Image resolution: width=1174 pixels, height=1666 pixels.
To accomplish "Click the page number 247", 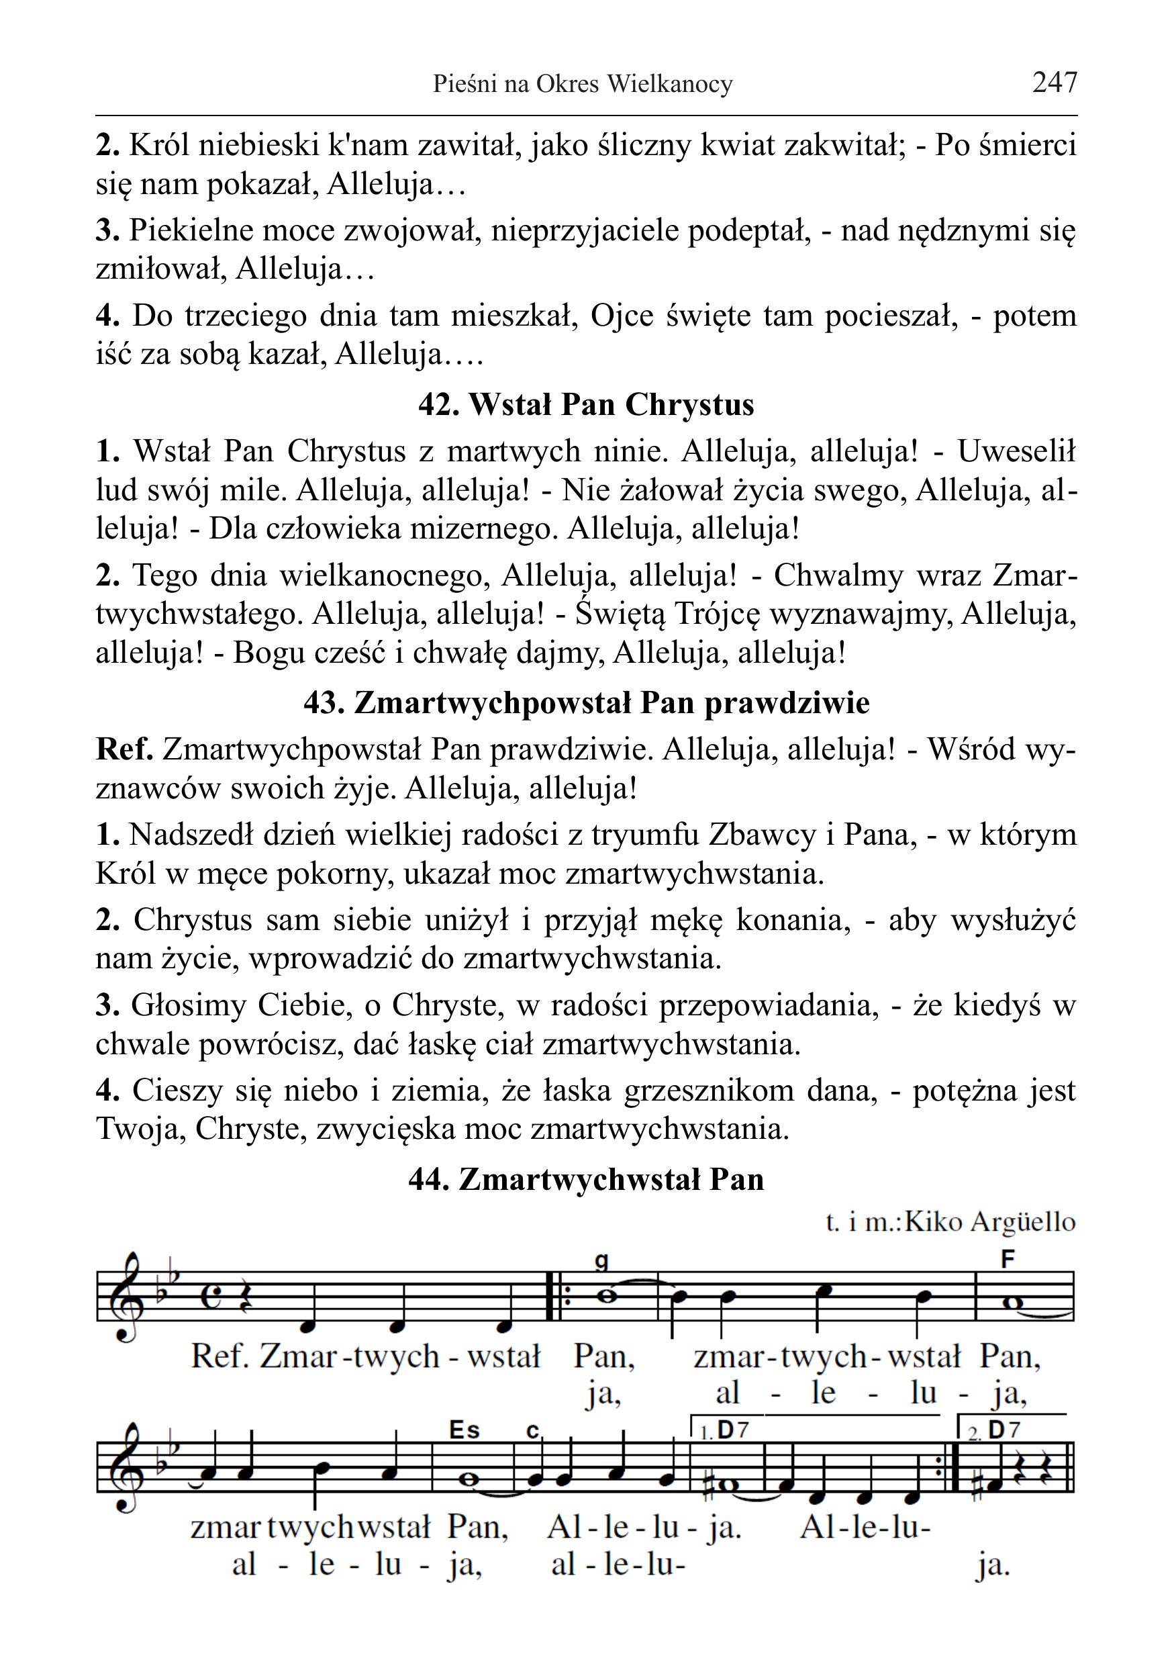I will coord(1055,83).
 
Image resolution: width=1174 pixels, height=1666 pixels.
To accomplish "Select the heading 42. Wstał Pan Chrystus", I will coord(586,405).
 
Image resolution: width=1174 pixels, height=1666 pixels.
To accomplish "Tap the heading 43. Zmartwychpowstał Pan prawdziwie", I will coord(586,703).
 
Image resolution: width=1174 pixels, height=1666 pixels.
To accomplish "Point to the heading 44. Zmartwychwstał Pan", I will coord(586,1179).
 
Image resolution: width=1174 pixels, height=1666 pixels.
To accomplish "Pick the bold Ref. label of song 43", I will coord(124,749).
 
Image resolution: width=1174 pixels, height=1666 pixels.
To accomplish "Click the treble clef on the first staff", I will coord(124,1297).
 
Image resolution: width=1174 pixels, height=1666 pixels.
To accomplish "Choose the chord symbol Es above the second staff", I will coord(464,1430).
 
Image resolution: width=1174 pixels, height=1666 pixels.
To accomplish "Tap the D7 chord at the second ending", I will coord(1004,1430).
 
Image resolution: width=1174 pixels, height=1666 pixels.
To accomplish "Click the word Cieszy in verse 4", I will coord(173,1091).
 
